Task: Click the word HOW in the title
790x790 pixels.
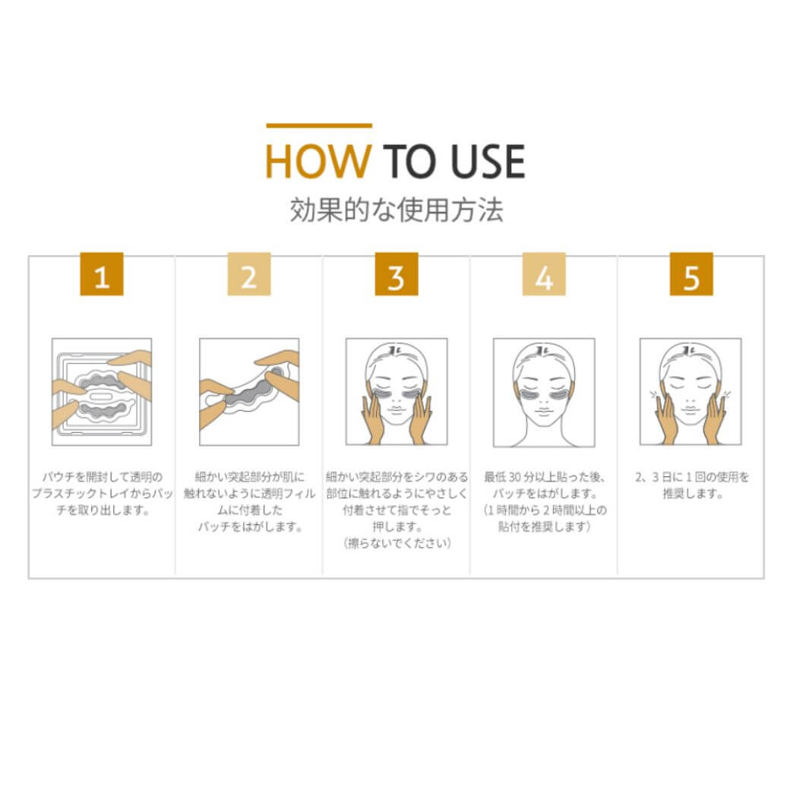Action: (x=318, y=161)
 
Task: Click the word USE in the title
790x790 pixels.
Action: (x=488, y=161)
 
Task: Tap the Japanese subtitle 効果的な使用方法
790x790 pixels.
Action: (x=396, y=210)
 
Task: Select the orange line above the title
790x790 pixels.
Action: (x=319, y=125)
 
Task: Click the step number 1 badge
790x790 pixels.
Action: (x=102, y=274)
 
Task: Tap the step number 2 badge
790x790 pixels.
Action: (x=249, y=274)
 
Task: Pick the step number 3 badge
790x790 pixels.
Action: (x=397, y=274)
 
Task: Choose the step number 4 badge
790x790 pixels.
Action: (x=544, y=274)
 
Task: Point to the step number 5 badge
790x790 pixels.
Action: (x=691, y=274)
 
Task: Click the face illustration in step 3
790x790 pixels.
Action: (x=397, y=392)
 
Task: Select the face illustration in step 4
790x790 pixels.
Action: (x=544, y=392)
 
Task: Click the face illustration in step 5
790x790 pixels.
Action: (x=690, y=392)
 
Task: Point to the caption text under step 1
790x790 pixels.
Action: (x=103, y=493)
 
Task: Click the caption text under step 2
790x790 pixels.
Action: (x=249, y=502)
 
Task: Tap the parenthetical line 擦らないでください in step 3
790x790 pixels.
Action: (x=397, y=543)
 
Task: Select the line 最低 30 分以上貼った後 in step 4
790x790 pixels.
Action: (x=544, y=476)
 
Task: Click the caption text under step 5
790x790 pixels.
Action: (x=692, y=485)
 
